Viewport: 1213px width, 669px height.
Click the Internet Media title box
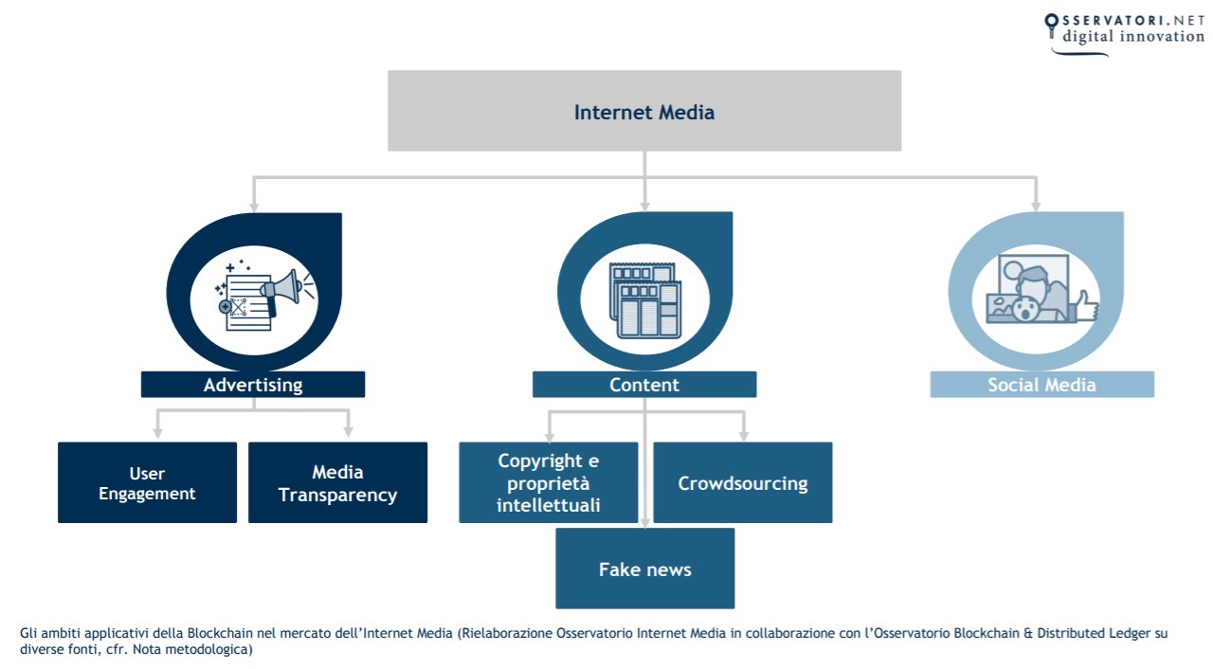point(644,111)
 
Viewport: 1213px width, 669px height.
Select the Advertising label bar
point(253,385)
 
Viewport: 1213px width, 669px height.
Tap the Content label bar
point(644,385)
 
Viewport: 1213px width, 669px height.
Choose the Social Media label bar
point(1041,385)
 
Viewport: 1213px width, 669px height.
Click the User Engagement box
point(147,482)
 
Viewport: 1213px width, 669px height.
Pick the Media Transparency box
point(337,482)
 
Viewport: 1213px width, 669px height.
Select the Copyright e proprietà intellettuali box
point(548,482)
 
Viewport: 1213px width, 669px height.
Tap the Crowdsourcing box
point(743,482)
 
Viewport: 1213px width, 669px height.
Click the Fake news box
point(644,569)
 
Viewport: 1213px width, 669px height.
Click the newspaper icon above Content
point(644,299)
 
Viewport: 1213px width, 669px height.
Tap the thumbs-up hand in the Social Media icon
point(1081,306)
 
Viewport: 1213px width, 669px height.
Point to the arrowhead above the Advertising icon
point(253,205)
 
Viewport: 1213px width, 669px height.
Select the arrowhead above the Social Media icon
point(1035,205)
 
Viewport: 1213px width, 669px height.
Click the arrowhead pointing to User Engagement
point(157,431)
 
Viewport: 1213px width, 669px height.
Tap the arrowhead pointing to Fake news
point(644,520)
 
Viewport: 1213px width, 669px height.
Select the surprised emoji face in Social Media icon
point(1023,310)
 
